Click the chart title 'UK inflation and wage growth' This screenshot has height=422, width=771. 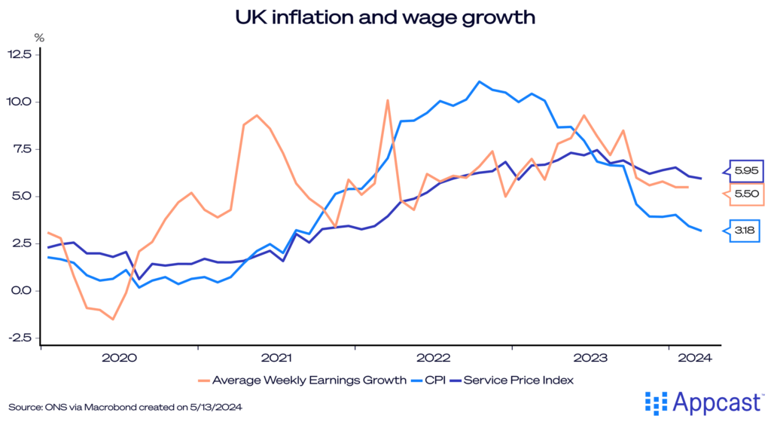[x=385, y=17]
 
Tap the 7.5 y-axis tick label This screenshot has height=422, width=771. [x=20, y=149]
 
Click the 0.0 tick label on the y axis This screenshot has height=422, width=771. [x=20, y=291]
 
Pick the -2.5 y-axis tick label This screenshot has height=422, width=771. [x=19, y=338]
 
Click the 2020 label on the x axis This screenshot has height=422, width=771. [x=118, y=358]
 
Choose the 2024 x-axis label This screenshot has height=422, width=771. [x=695, y=358]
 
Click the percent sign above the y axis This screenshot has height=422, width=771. [x=39, y=36]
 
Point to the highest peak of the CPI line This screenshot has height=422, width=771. [x=479, y=81]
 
